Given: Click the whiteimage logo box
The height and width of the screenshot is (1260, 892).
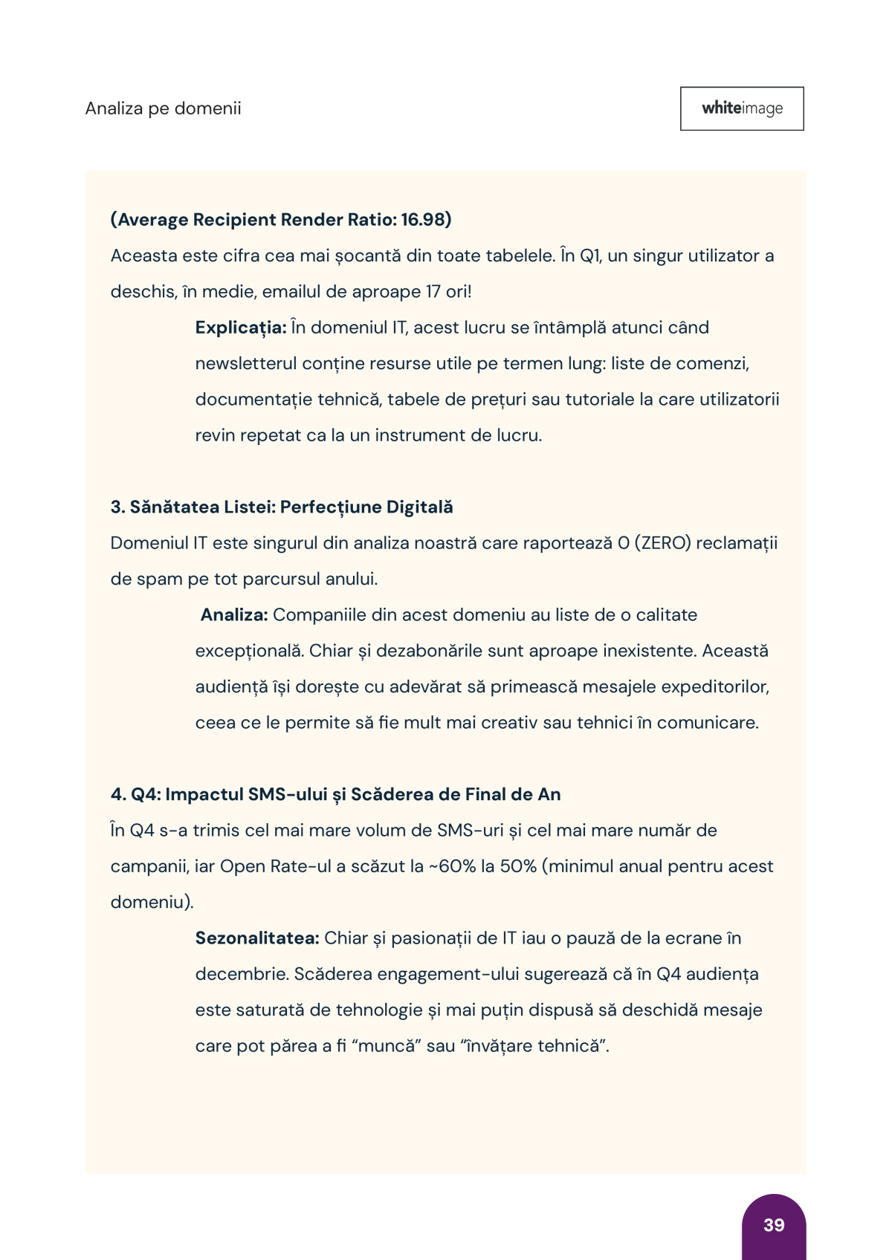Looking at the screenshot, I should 742,108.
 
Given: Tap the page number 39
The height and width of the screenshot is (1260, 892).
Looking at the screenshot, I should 774,1225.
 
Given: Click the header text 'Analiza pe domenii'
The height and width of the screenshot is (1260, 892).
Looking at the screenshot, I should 164,108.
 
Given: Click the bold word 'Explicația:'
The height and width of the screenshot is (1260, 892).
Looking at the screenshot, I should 241,328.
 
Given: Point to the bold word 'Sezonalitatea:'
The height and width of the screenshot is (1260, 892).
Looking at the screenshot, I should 257,938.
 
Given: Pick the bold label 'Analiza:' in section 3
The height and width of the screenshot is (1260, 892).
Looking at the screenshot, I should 234,615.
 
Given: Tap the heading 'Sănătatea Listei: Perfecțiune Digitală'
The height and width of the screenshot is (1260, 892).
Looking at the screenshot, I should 291,507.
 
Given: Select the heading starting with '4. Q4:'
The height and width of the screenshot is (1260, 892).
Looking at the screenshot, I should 335,794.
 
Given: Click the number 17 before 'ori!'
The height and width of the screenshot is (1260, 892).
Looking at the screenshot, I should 433,291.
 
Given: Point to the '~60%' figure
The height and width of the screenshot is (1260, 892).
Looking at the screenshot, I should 453,866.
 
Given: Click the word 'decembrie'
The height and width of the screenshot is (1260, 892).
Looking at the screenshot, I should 240,974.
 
